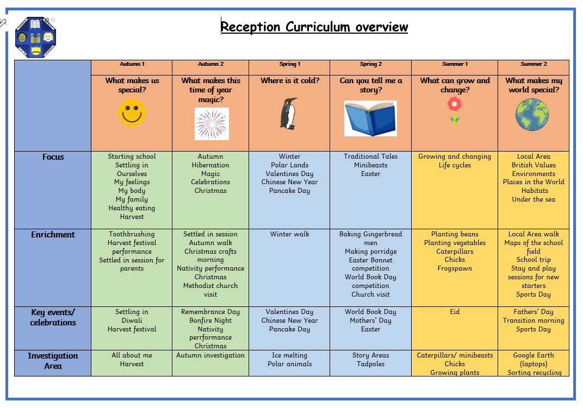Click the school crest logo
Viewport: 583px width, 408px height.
[x=36, y=37]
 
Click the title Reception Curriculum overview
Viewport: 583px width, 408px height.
[x=314, y=27]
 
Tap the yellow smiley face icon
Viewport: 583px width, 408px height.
[x=132, y=112]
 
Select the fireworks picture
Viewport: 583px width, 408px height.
[x=212, y=124]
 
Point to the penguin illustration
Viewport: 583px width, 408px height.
[x=289, y=114]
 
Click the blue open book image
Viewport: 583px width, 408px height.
[x=370, y=118]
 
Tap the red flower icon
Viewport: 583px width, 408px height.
[x=454, y=113]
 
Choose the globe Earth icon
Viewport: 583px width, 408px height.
[x=532, y=115]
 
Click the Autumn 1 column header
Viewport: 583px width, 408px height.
[x=132, y=64]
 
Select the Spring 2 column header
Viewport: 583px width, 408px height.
[x=371, y=64]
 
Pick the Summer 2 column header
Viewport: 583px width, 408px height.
[x=534, y=64]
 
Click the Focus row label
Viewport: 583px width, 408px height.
[x=53, y=157]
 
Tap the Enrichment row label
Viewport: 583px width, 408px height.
[x=53, y=235]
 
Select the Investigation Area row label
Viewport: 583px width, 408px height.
[x=53, y=361]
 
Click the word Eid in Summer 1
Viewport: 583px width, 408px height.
[x=455, y=312]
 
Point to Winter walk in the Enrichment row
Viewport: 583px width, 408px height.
[x=290, y=234]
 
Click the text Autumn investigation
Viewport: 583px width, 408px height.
[x=210, y=355]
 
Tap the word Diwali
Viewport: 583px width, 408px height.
[x=132, y=321]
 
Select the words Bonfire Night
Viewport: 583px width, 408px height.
[x=210, y=321]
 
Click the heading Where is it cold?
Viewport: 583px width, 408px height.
[x=290, y=80]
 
